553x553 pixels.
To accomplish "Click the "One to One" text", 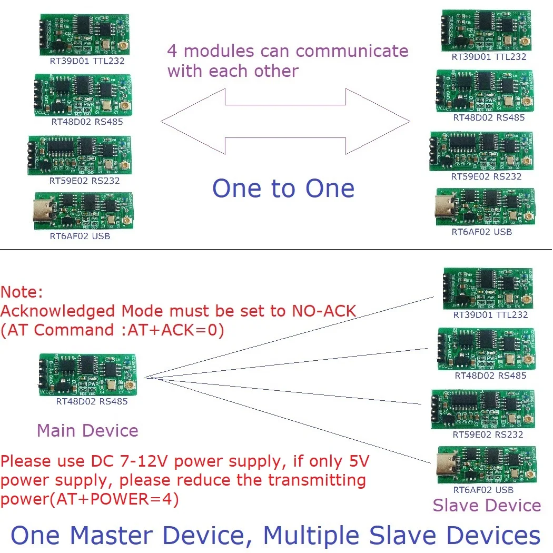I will tap(283, 189).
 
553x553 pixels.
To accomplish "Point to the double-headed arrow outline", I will tap(285, 121).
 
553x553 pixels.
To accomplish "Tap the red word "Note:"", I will tap(22, 292).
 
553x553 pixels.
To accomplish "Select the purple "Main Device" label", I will tap(87, 430).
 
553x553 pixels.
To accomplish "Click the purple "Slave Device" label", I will tap(487, 506).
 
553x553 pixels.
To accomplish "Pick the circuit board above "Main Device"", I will tap(87, 375).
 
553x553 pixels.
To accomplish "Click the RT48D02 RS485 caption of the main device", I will tap(92, 401).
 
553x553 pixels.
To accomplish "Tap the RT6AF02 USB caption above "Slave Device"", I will tap(483, 490).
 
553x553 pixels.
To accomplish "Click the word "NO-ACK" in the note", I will tap(323, 311).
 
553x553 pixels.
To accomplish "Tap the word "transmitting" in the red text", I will tap(314, 480).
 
